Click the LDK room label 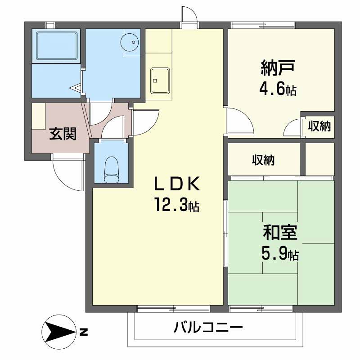[176, 184]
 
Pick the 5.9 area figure [279, 255]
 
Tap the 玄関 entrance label [62, 134]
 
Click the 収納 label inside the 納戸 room [319, 126]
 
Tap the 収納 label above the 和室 [263, 160]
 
